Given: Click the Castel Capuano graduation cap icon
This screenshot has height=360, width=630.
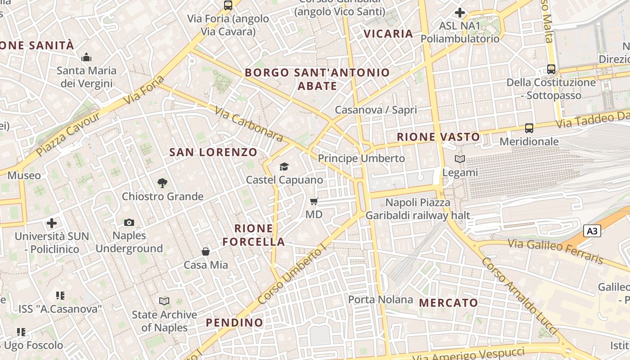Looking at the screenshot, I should [x=284, y=167].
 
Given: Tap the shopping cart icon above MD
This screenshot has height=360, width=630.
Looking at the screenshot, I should [x=314, y=201].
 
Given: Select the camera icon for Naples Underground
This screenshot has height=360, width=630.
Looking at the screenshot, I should [x=129, y=222].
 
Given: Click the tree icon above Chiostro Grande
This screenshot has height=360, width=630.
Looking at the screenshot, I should [x=162, y=183].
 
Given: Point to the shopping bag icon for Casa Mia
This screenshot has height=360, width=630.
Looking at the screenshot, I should [x=206, y=252].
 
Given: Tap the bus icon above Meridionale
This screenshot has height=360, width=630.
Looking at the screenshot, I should [x=529, y=128].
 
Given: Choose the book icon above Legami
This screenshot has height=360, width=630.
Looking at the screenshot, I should [x=460, y=159].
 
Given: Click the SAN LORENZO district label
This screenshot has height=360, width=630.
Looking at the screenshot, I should [x=213, y=152].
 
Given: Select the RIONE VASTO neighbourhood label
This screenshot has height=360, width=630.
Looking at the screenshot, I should [x=438, y=137].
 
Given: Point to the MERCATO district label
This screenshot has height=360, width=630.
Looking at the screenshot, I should [x=448, y=303].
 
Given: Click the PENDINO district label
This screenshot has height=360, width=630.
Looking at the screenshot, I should [x=234, y=323].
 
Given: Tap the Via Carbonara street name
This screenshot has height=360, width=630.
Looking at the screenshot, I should [x=248, y=124].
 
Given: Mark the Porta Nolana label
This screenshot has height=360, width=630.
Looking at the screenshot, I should [x=381, y=299].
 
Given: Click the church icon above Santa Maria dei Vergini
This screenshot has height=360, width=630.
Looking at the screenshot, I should [x=86, y=57].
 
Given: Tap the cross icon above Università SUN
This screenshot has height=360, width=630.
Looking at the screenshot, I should [x=52, y=223].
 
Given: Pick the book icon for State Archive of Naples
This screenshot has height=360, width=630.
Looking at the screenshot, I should [x=164, y=301].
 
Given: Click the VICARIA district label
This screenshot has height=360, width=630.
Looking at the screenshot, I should [x=388, y=34].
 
